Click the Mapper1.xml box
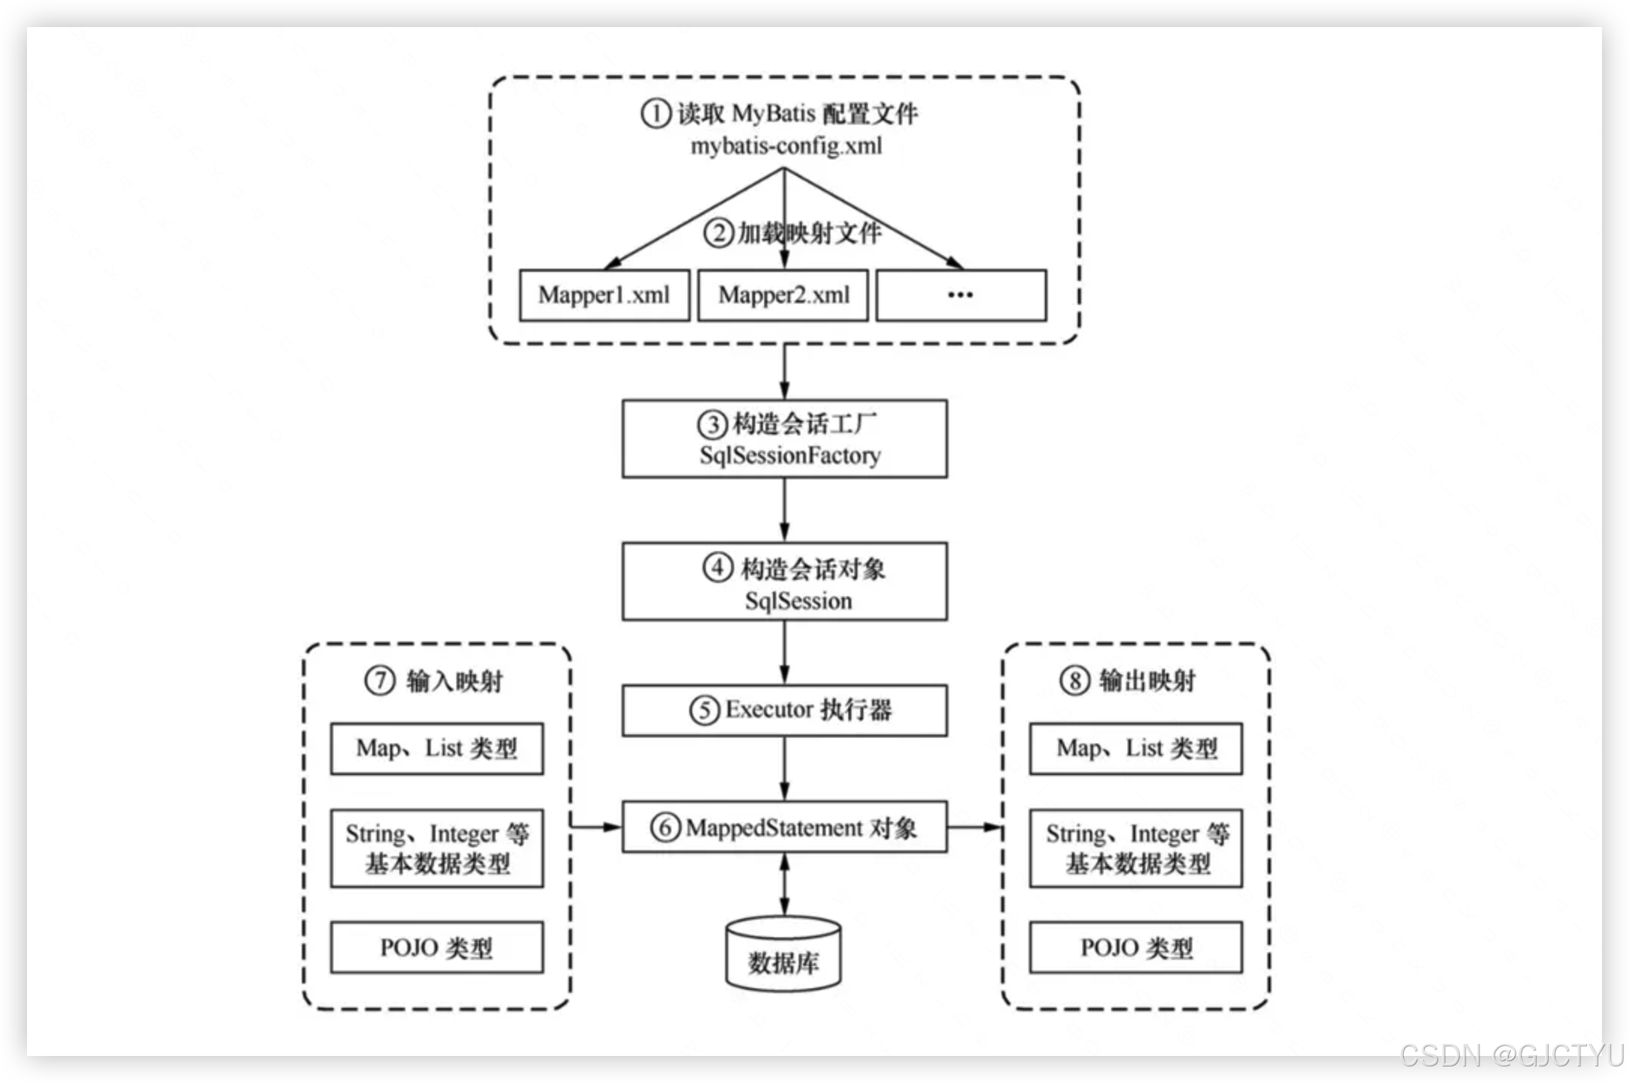604,295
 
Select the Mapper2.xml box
783,295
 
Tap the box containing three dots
961,295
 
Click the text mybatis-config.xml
786,146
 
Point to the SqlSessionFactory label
790,455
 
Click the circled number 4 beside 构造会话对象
718,568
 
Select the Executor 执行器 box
784,710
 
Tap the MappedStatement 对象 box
784,827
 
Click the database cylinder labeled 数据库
783,954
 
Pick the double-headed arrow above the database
784,884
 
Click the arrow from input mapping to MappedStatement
597,827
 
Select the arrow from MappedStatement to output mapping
974,827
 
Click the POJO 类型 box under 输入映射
437,947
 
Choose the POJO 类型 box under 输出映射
1136,947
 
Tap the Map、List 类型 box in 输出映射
1136,749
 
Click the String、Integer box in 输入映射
437,848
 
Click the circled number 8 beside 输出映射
1074,681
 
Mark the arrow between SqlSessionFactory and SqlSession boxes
784,509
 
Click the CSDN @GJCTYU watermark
1510,1055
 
